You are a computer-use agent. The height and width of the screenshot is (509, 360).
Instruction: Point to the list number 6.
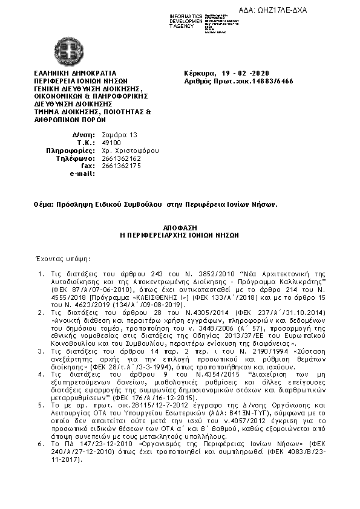pos(39,444)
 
